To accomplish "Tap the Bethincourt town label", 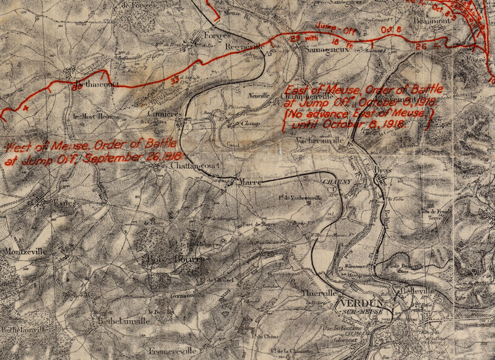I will pos(96,85).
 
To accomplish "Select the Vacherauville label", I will pos(321,141).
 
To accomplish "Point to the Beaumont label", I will pos(431,20).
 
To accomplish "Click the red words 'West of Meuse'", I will pos(37,147).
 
